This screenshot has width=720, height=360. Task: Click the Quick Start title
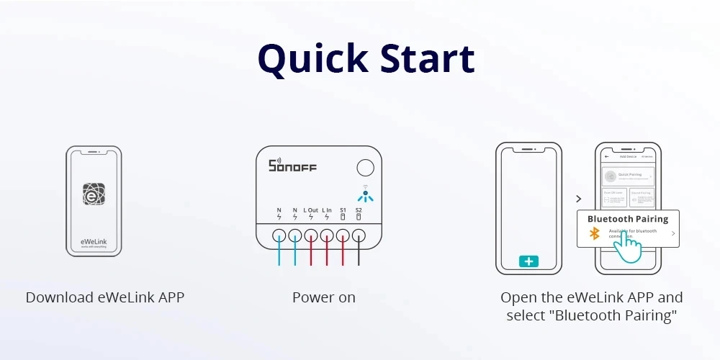[x=366, y=59]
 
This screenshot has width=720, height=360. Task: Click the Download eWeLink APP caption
[x=105, y=297]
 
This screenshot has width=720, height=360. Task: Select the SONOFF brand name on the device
[x=292, y=166]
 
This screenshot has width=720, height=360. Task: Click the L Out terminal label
[x=311, y=210]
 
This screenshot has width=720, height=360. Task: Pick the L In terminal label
[x=327, y=210]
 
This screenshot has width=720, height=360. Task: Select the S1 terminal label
[x=343, y=210]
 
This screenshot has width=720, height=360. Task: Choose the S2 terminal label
[x=359, y=210]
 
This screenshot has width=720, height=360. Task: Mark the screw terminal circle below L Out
[x=311, y=235]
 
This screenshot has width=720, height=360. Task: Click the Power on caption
[x=324, y=297]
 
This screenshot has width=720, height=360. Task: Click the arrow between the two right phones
[x=578, y=198]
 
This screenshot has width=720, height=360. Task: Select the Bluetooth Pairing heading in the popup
[x=628, y=219]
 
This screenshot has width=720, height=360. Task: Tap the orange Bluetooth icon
[x=595, y=233]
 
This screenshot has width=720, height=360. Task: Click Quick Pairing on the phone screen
[x=629, y=175]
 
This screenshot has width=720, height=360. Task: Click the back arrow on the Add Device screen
[x=607, y=156]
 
